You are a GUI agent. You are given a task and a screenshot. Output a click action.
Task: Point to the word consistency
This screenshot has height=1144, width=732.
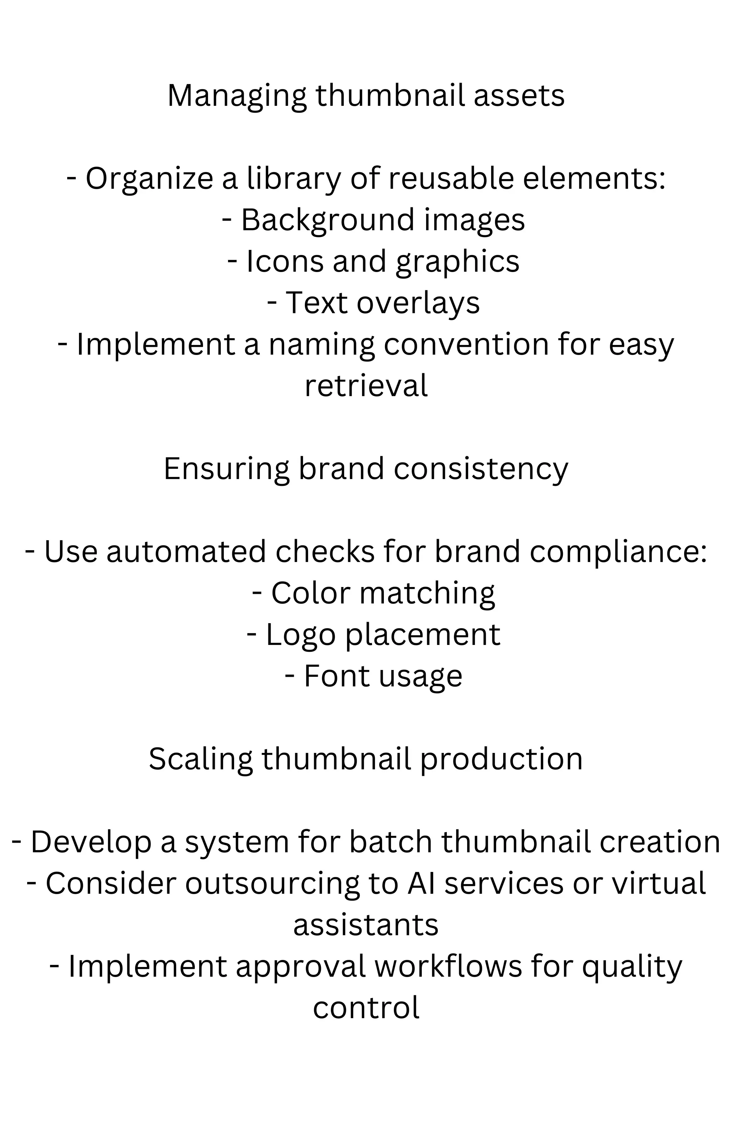click(481, 469)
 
